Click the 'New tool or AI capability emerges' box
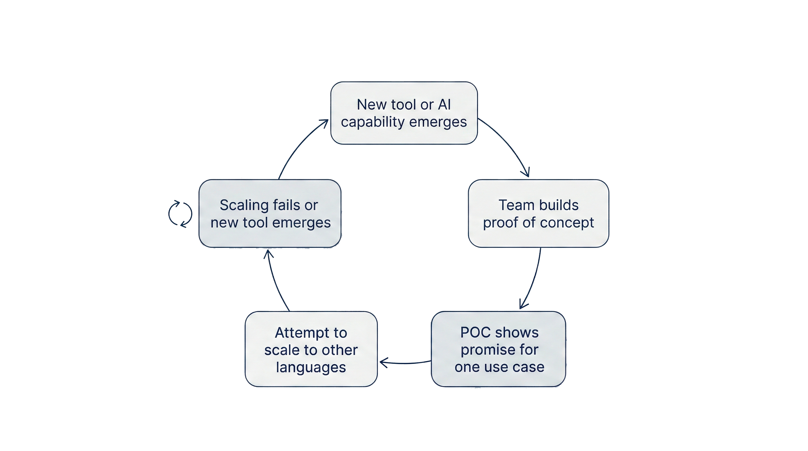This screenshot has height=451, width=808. click(404, 113)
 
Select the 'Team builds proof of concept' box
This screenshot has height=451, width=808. click(538, 213)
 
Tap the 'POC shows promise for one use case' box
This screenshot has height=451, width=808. click(499, 349)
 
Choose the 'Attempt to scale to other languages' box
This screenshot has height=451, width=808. click(311, 349)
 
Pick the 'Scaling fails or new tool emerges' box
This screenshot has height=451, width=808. click(270, 213)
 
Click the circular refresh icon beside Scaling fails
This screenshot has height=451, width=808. click(180, 213)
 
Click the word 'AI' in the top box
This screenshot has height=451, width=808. click(444, 105)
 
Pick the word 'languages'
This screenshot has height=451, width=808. click(311, 367)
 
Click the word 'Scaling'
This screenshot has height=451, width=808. click(244, 206)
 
